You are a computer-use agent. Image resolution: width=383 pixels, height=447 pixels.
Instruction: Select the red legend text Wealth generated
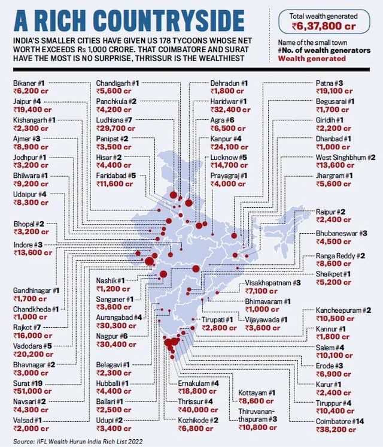point(311,59)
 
